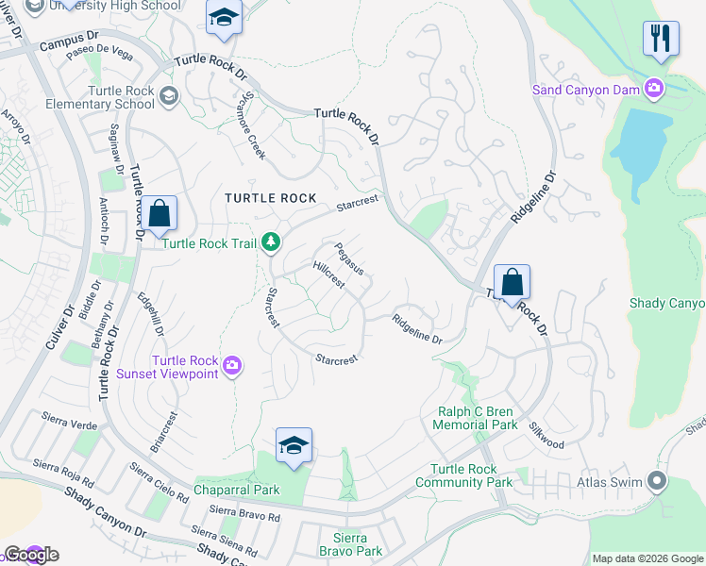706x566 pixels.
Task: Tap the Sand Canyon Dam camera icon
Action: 653,89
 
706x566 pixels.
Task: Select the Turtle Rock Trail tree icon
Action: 271,243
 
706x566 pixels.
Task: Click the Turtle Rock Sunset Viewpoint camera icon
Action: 233,364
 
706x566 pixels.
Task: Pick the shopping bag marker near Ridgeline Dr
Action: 512,282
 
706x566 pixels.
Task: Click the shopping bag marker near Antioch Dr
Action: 160,213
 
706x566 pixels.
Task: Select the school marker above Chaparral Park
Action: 294,444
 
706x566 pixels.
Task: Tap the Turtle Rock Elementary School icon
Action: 169,94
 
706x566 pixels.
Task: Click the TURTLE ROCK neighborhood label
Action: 270,198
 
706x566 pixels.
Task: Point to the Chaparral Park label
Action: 237,491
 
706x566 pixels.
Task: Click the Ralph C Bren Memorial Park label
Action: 476,418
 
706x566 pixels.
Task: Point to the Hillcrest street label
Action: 328,274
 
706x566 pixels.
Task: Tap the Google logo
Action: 31,555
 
